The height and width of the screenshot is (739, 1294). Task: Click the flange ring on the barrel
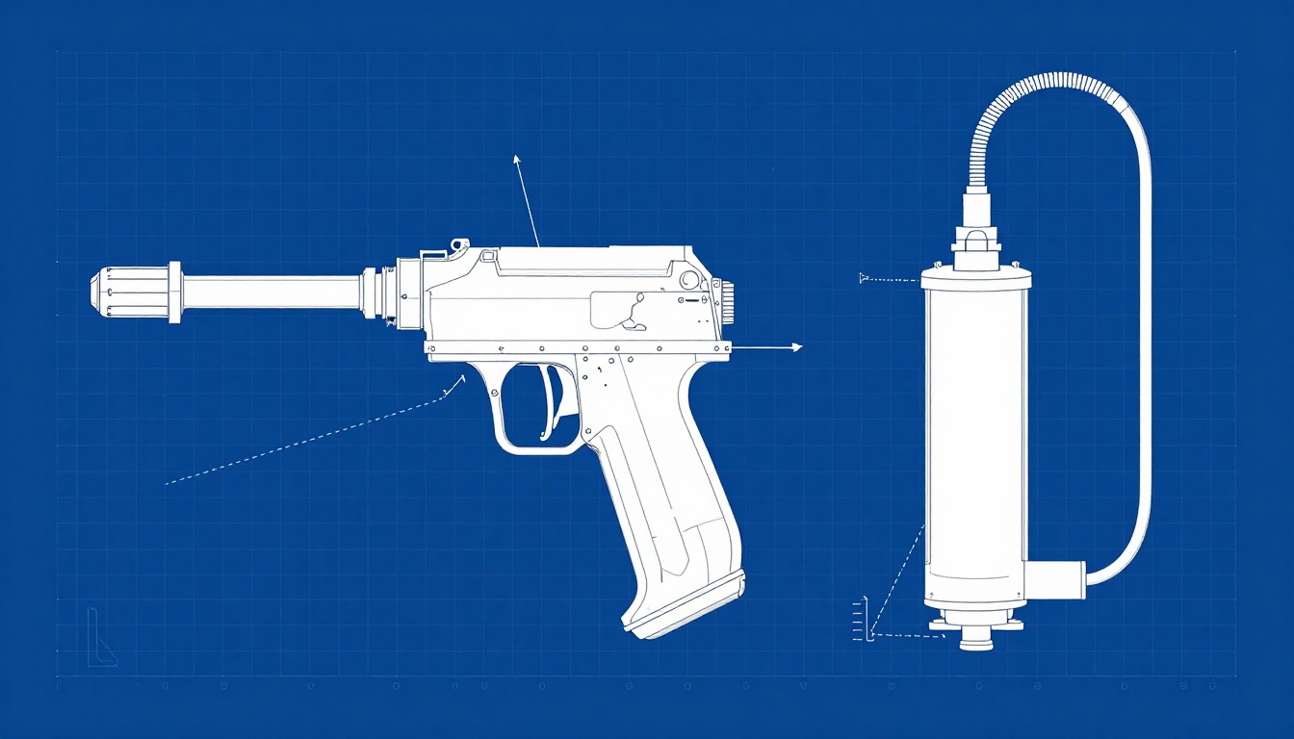(174, 292)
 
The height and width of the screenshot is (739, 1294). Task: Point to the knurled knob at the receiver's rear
(728, 301)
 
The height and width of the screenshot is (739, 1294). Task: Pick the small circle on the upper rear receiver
(689, 280)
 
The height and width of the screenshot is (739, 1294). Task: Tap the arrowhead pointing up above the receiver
(517, 159)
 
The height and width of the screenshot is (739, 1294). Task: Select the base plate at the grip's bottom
(686, 604)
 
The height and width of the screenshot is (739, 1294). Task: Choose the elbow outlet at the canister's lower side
(1054, 579)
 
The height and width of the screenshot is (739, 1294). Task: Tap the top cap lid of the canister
(975, 279)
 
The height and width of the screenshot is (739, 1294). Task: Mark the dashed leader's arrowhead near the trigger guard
(459, 380)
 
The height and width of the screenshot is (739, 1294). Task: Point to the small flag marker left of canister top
(864, 278)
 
